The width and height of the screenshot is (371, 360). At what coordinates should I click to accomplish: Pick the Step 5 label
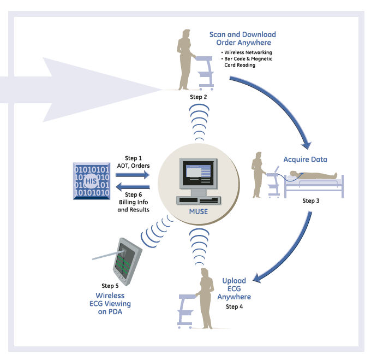(x=110, y=286)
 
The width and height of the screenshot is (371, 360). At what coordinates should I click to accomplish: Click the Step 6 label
(x=134, y=194)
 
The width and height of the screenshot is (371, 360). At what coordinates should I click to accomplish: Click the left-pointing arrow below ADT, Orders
(x=131, y=186)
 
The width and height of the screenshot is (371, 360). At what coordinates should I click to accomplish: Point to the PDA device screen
(x=124, y=260)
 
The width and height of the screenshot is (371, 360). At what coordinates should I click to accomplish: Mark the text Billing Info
(x=134, y=202)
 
